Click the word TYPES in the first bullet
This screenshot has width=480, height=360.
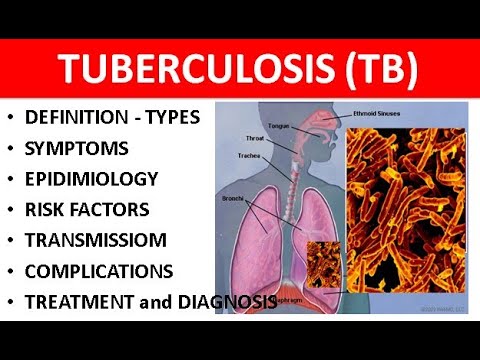(172, 118)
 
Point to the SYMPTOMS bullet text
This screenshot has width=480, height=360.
(78, 149)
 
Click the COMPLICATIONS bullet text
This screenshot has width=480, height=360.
(101, 271)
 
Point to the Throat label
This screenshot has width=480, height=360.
(256, 139)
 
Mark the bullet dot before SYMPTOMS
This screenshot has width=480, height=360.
(11, 150)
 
